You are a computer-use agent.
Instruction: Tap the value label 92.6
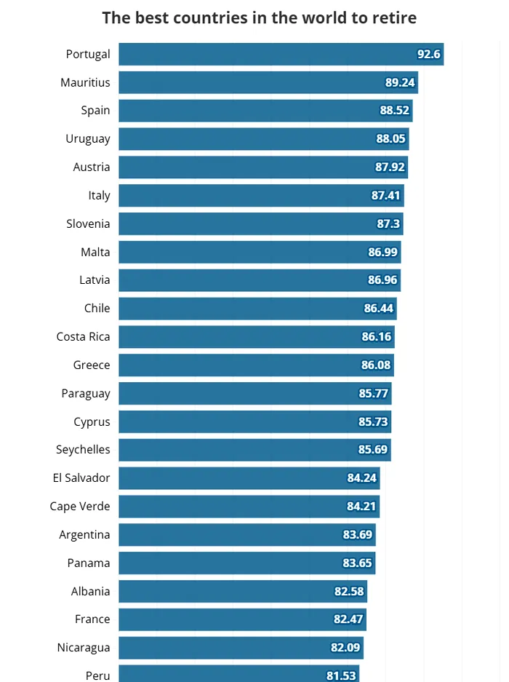(x=428, y=54)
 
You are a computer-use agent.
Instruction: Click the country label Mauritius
(x=85, y=82)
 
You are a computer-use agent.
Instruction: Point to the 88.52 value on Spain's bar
(x=395, y=111)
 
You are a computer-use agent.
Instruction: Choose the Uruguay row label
(x=88, y=139)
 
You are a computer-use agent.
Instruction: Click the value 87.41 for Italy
(x=386, y=196)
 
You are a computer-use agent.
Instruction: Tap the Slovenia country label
(x=88, y=223)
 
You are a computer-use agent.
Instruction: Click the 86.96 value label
(x=382, y=280)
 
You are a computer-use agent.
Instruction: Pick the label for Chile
(x=97, y=309)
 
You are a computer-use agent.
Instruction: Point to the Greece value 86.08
(x=376, y=365)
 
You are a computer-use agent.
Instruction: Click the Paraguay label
(x=86, y=394)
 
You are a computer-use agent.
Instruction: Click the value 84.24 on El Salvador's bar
(x=362, y=478)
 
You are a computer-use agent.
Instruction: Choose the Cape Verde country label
(x=80, y=507)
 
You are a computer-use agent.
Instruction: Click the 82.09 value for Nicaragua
(x=345, y=648)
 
